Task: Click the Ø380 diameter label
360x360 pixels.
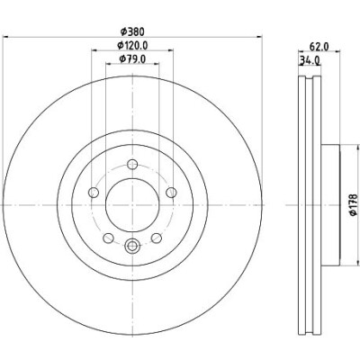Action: [x=132, y=31]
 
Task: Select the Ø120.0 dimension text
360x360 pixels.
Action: [x=132, y=45]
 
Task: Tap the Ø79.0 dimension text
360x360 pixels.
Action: [x=132, y=59]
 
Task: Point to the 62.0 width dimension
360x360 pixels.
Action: [x=319, y=47]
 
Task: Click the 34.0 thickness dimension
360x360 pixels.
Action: [x=310, y=60]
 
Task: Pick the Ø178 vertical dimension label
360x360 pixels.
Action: [x=354, y=204]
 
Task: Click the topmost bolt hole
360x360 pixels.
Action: [x=132, y=164]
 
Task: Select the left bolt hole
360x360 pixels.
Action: [x=94, y=193]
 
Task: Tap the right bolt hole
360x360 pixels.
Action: [x=171, y=193]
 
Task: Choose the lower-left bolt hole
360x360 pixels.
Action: [x=108, y=238]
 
